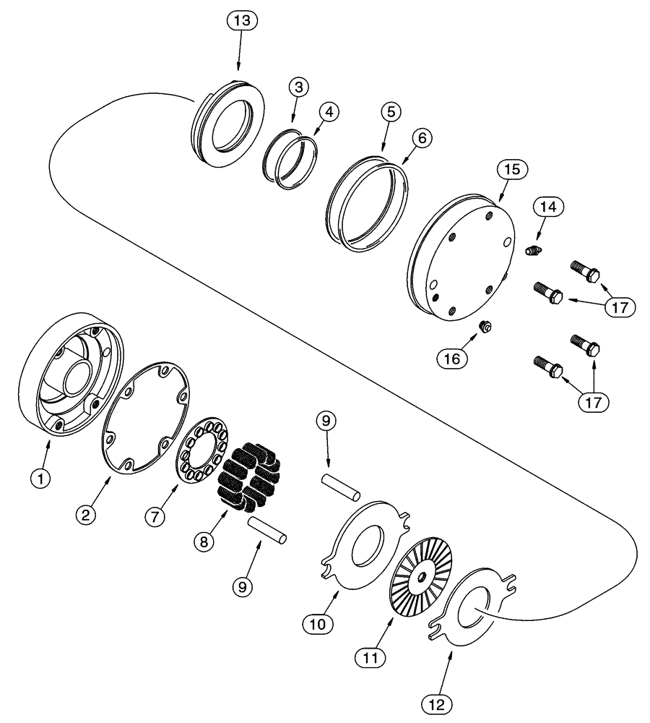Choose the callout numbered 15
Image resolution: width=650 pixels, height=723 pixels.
pos(511,170)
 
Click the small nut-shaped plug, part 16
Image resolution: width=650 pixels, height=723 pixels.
pos(486,329)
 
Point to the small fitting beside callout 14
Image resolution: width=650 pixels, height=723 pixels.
pos(534,250)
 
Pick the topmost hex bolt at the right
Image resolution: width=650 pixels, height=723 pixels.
pos(586,270)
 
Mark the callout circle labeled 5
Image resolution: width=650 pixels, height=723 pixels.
pos(390,113)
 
